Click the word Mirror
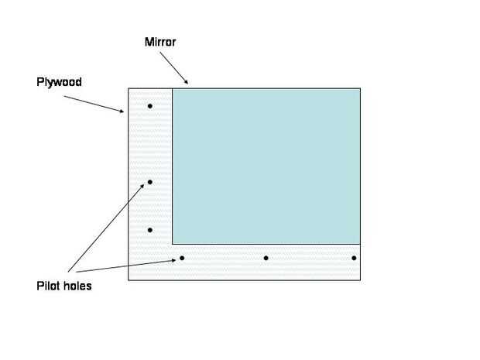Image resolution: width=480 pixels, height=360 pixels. point(162,42)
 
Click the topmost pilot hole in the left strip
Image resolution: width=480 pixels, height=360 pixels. point(150,106)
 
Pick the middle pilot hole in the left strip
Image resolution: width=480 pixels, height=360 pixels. point(150,182)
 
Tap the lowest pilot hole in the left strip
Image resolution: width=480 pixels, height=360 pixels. point(150,230)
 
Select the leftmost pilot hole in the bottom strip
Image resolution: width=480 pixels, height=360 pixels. point(182,258)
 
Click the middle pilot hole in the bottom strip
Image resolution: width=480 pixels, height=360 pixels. point(266,258)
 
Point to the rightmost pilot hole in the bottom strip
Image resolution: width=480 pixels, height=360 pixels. point(354,258)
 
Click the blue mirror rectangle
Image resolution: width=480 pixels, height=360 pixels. point(266,166)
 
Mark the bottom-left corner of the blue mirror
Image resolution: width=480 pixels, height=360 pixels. point(172,244)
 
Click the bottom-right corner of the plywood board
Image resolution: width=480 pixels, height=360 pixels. point(361,279)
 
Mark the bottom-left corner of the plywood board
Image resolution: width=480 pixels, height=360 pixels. point(128,279)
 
